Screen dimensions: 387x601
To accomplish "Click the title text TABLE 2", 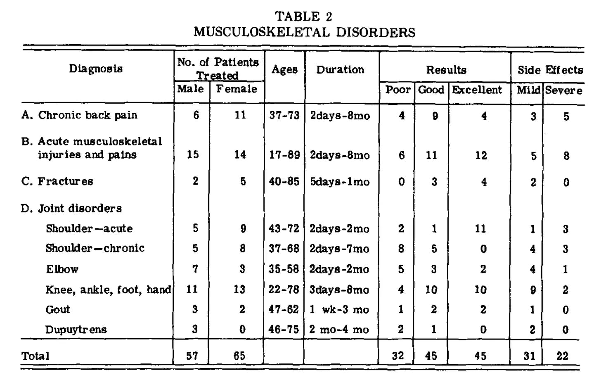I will click(x=303, y=17).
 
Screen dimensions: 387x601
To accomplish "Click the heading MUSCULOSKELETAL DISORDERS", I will click(x=304, y=32).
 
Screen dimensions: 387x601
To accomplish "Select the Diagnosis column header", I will click(x=96, y=69).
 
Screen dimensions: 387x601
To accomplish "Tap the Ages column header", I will click(x=284, y=69).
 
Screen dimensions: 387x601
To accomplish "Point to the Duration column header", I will click(x=340, y=69).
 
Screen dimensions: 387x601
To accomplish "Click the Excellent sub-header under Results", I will click(x=477, y=90).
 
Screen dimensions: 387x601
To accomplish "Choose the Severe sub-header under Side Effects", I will click(x=563, y=90).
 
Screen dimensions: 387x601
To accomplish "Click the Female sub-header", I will click(x=237, y=89).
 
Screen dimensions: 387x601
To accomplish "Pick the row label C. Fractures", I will click(x=57, y=181).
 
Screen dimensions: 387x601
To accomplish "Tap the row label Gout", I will click(x=58, y=309).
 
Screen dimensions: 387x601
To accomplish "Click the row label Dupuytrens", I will click(x=76, y=330).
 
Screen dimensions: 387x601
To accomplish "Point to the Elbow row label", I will click(x=62, y=269).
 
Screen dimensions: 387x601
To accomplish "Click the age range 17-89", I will click(x=284, y=155).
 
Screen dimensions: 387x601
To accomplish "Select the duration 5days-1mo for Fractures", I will click(x=339, y=182).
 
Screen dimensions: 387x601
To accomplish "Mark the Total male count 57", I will click(x=192, y=356).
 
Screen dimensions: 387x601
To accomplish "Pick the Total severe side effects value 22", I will click(x=562, y=356).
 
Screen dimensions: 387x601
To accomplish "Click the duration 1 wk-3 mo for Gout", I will click(x=339, y=309).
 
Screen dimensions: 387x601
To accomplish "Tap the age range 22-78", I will click(x=283, y=289).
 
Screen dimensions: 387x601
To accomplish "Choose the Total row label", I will click(x=35, y=356).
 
